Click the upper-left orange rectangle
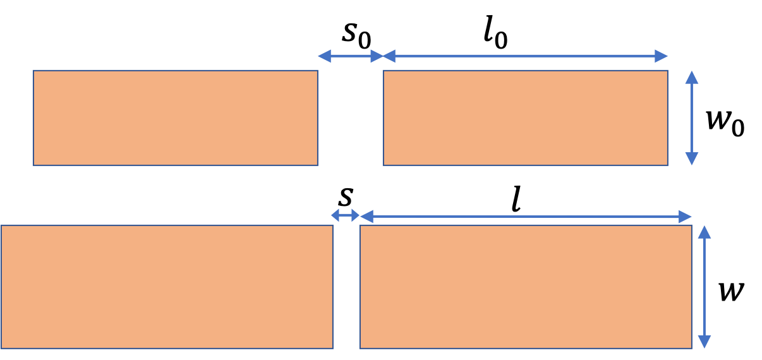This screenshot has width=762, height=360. tap(175, 117)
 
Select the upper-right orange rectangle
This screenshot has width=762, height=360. tap(525, 117)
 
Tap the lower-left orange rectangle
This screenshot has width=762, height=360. tap(167, 286)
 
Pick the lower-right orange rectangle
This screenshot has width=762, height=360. tap(526, 286)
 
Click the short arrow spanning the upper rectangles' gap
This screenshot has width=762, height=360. tap(350, 56)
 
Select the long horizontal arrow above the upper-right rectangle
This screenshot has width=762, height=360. tap(525, 56)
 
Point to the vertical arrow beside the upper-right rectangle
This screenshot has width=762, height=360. tap(692, 117)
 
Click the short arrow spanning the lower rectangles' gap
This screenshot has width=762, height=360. tap(345, 215)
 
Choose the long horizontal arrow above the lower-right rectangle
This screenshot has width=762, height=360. tap(526, 217)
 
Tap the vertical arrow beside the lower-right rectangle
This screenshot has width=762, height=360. tap(705, 286)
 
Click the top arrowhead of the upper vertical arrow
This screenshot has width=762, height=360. tap(692, 77)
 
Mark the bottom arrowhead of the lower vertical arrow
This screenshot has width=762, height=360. tap(705, 342)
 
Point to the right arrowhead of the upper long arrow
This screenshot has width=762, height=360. tap(662, 56)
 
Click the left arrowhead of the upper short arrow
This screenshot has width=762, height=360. tap(324, 56)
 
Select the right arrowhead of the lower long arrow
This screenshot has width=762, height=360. tap(686, 217)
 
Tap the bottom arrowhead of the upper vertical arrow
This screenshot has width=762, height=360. tap(692, 159)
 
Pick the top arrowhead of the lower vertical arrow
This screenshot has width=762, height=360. tap(705, 232)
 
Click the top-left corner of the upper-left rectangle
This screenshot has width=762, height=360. tap(33, 70)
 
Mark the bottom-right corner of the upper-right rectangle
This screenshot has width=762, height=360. tap(668, 165)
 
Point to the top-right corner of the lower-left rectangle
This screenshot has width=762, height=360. tap(333, 225)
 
